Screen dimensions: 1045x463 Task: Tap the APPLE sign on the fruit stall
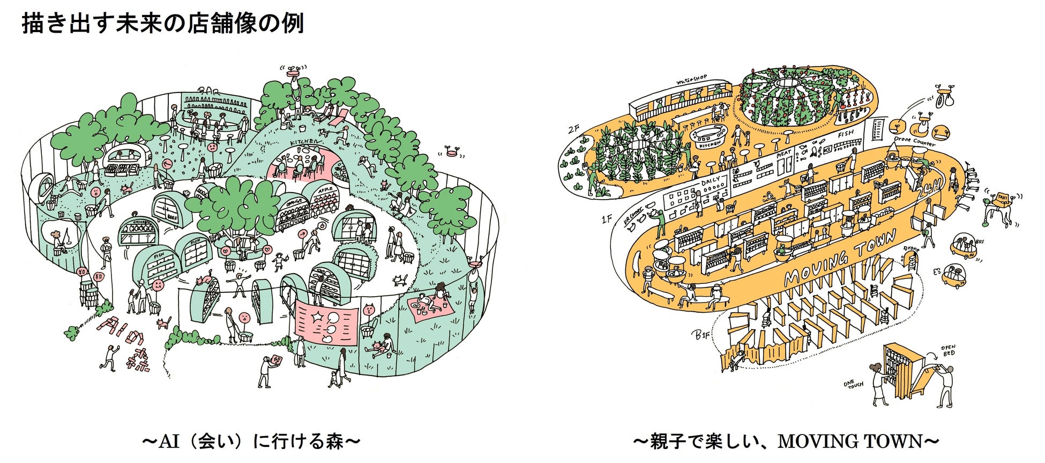click(325, 190)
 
